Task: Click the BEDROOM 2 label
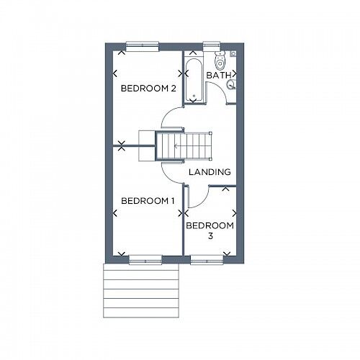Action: (x=148, y=89)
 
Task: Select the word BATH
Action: (x=218, y=75)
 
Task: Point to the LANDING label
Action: (x=210, y=173)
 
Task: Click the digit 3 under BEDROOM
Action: (x=210, y=235)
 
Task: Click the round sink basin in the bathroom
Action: (x=231, y=85)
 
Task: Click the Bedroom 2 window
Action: (x=142, y=46)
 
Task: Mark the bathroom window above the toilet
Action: (x=212, y=45)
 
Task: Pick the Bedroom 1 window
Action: (x=145, y=259)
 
